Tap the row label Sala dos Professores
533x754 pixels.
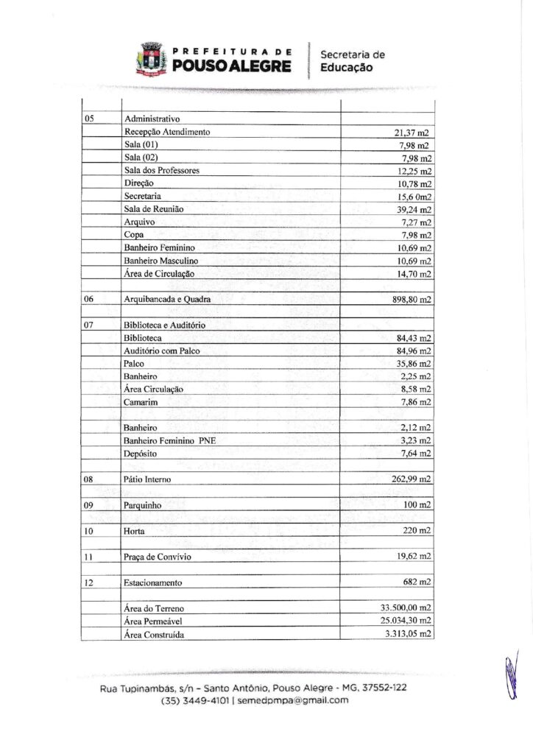(x=161, y=171)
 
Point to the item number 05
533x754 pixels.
(x=89, y=119)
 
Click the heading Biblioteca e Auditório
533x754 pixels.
(x=164, y=325)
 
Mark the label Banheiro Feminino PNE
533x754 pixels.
(x=170, y=441)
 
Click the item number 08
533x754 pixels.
(x=89, y=479)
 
